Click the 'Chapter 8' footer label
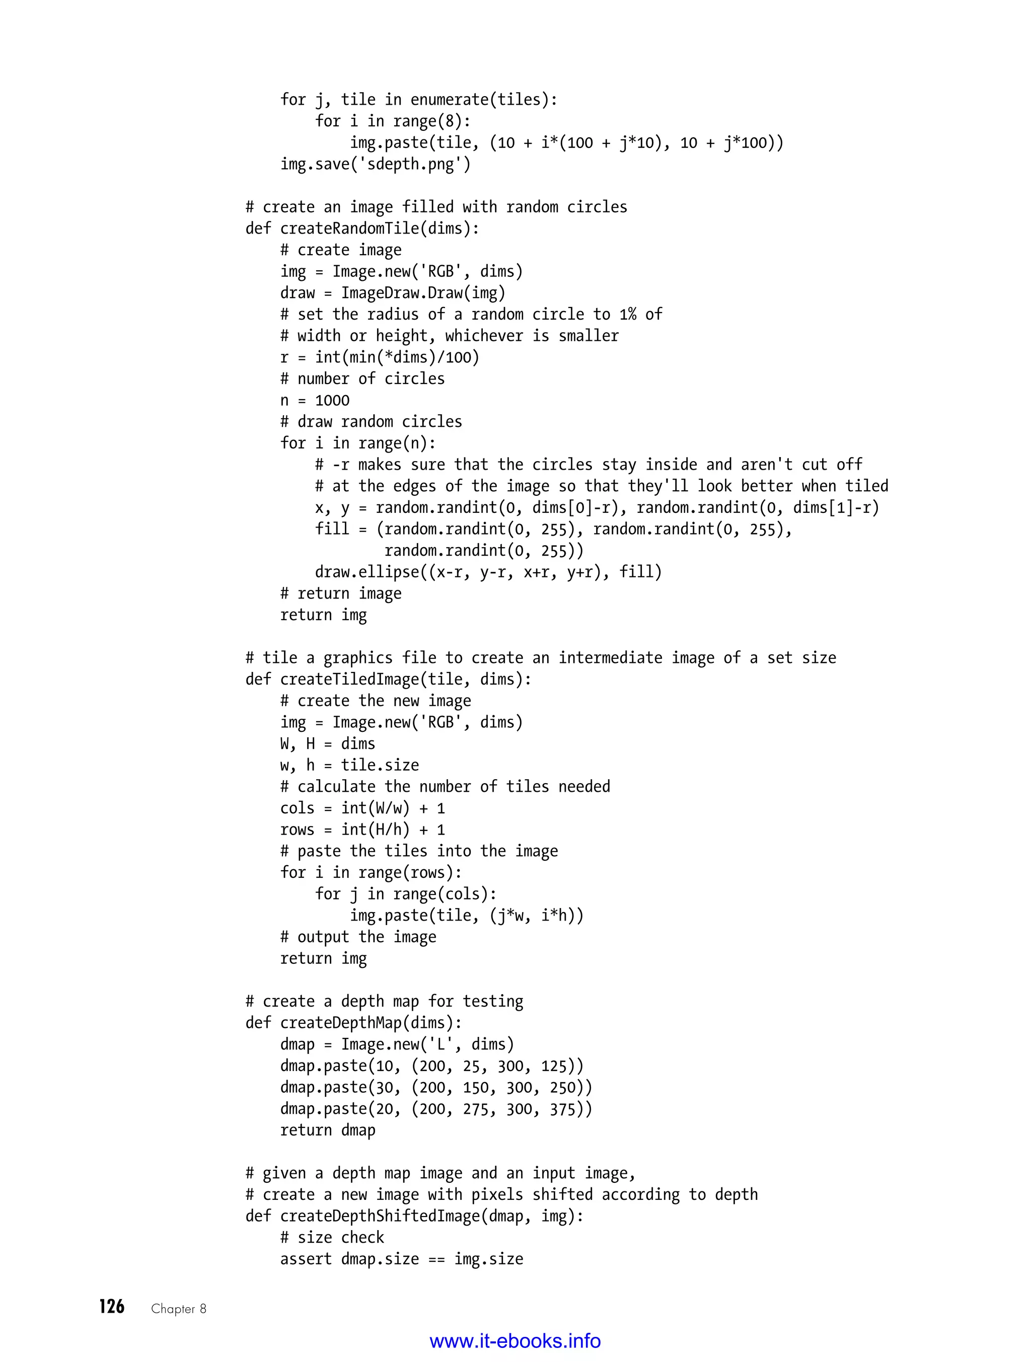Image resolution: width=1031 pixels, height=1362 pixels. point(179,1309)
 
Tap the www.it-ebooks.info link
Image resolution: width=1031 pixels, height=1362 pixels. point(515,1341)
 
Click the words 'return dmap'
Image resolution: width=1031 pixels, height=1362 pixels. point(327,1130)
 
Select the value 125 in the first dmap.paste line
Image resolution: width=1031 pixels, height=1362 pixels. point(554,1066)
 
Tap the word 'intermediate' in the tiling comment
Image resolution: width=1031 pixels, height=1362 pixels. point(610,658)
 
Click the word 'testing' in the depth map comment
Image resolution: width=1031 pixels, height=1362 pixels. point(493,1001)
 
